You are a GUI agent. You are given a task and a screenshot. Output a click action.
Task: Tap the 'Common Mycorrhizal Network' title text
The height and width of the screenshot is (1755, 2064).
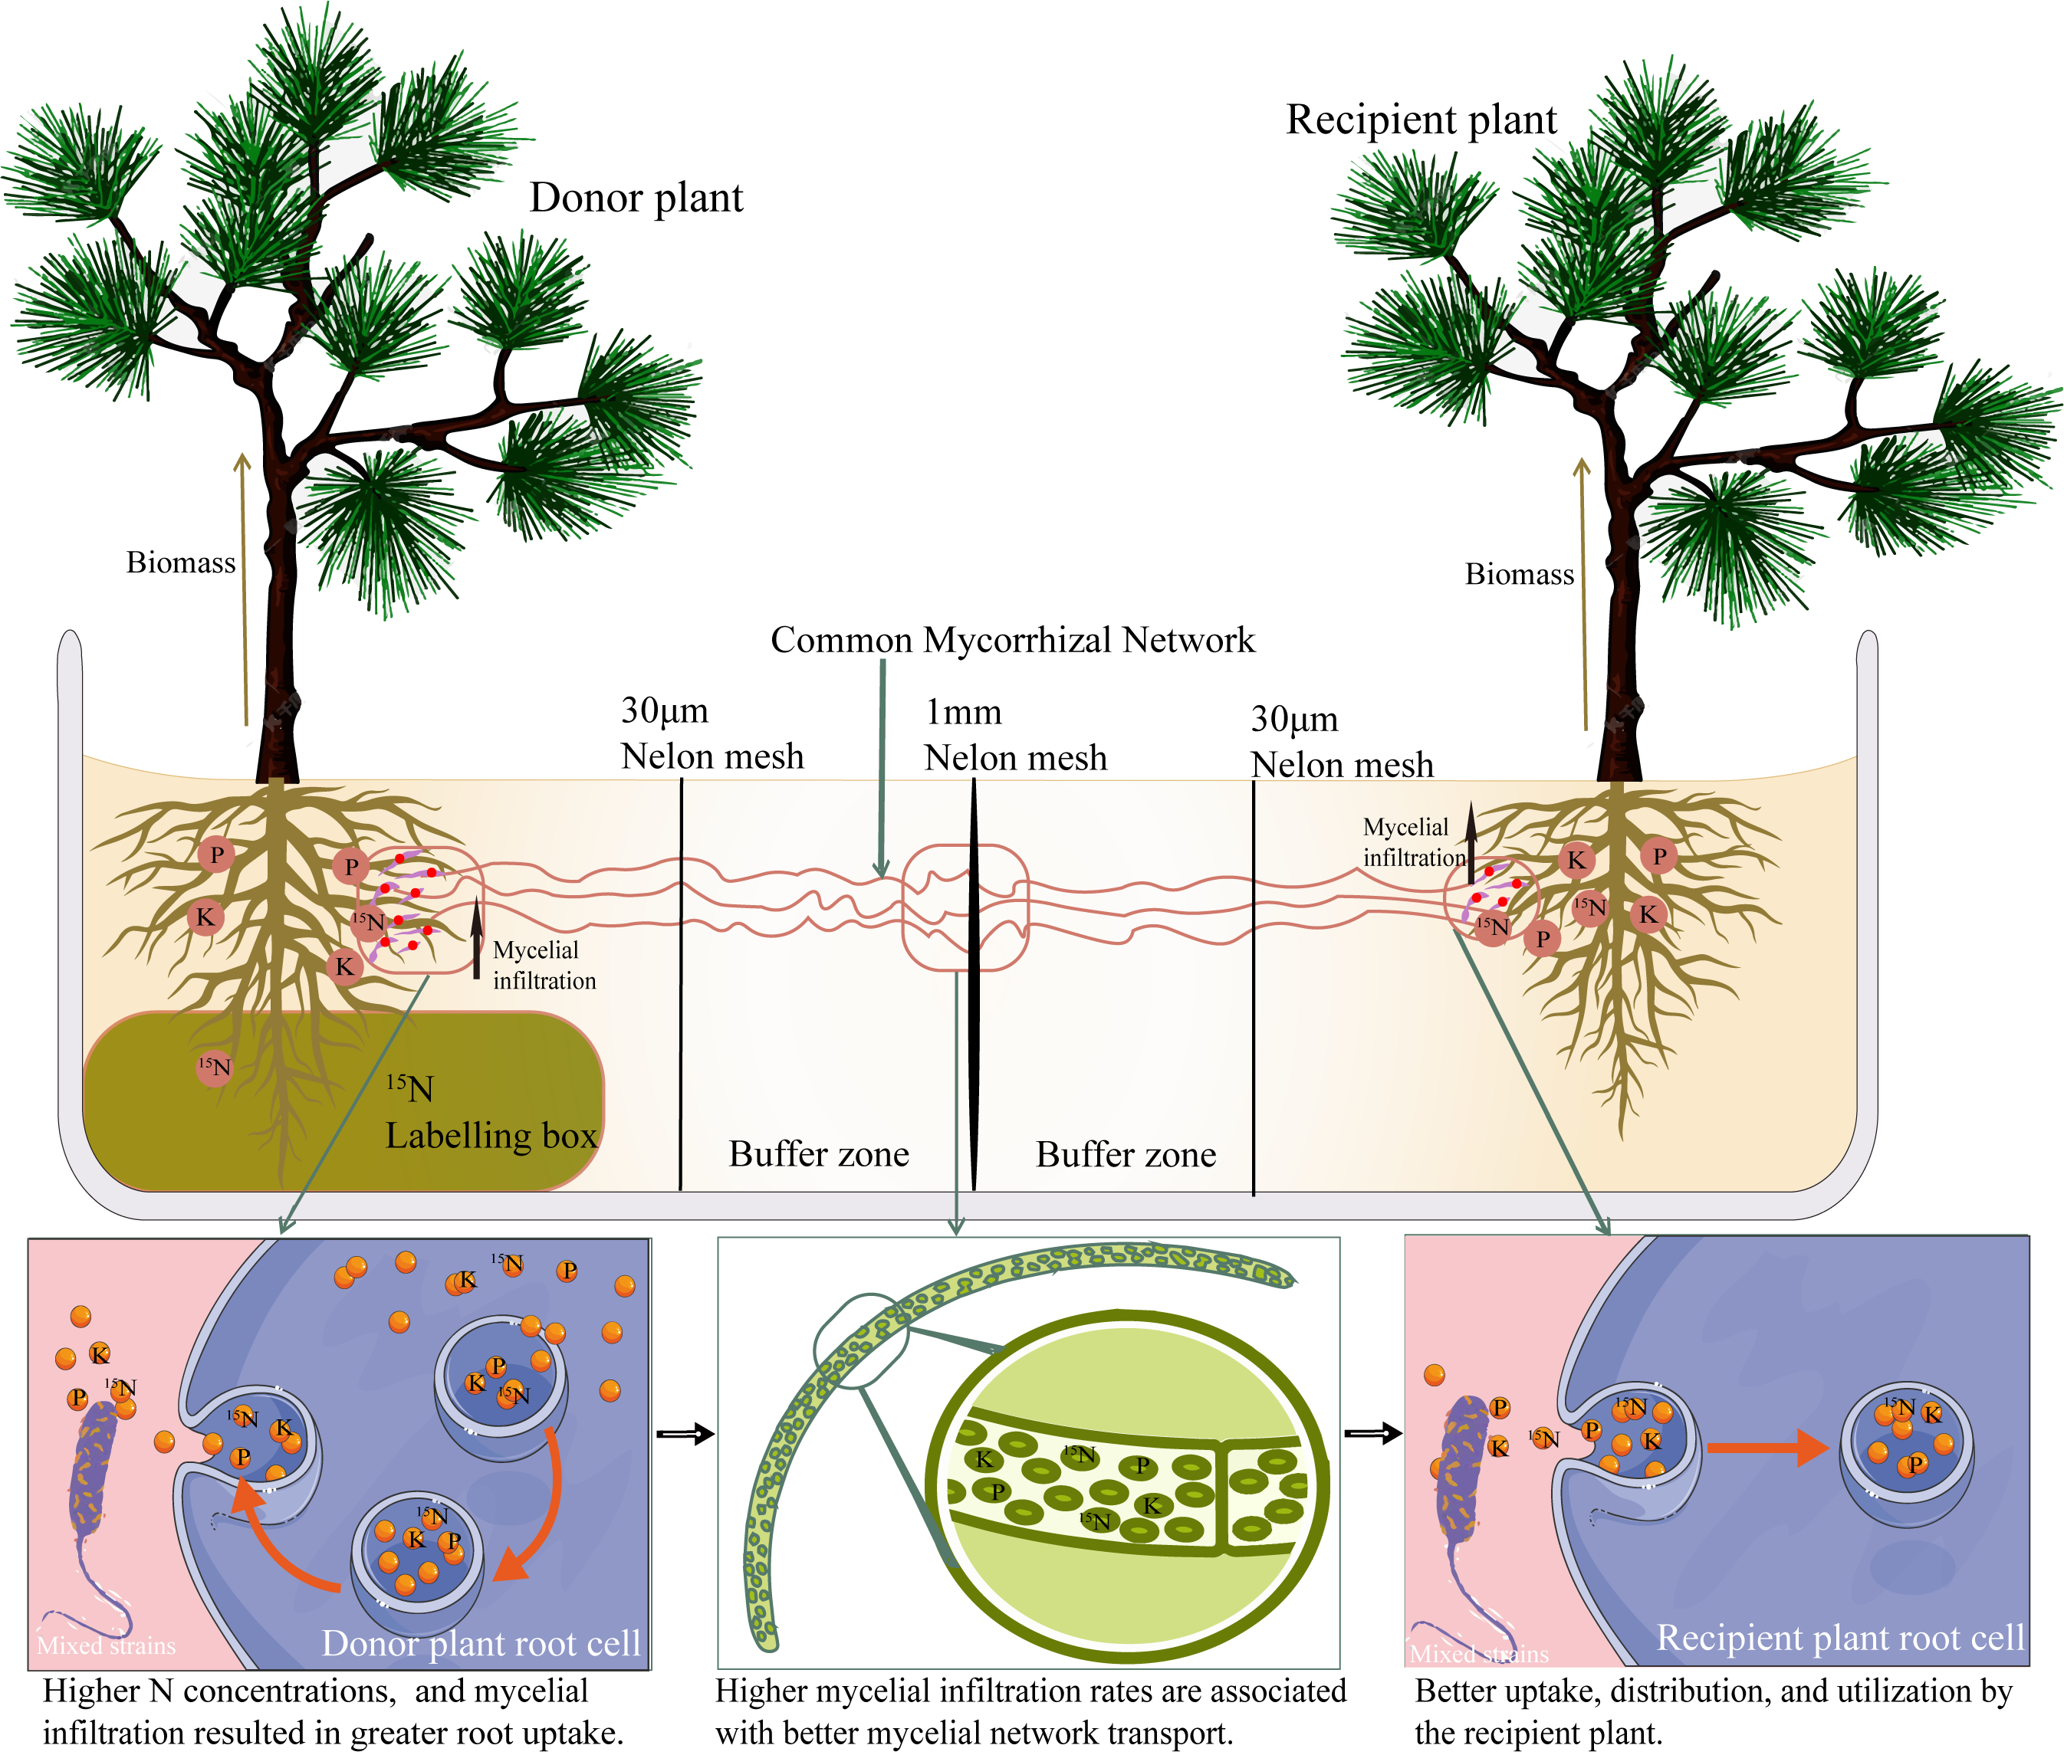tap(1012, 640)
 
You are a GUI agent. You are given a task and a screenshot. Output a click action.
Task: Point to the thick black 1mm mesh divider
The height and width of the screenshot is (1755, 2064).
tap(973, 985)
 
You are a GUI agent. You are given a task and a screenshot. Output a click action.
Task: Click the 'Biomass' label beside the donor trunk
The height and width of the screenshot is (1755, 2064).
tap(180, 563)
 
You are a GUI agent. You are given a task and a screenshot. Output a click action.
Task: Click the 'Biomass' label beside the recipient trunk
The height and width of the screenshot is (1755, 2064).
tap(1519, 575)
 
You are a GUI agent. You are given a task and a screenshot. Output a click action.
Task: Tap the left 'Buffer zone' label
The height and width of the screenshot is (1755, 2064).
tap(818, 1154)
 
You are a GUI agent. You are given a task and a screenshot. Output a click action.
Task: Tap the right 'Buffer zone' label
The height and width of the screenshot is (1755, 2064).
tap(1126, 1155)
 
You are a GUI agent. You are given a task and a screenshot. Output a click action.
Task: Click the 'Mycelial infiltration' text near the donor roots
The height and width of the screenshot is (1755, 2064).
tap(544, 965)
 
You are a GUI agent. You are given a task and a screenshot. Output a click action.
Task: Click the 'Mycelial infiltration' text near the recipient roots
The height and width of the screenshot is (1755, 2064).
tap(1413, 841)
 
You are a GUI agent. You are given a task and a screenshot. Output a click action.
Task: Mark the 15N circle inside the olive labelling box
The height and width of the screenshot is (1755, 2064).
tap(214, 1068)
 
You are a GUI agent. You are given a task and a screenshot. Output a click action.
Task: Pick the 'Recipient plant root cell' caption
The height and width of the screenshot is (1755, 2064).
tap(1839, 1637)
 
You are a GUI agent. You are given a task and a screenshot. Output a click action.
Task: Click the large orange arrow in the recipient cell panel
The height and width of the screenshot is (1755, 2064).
tap(1767, 1448)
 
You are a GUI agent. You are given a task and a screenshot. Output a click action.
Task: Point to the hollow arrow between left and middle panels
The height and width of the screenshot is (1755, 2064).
tap(685, 1434)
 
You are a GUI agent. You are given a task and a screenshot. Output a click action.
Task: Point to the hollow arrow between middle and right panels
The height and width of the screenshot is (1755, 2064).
tap(1372, 1434)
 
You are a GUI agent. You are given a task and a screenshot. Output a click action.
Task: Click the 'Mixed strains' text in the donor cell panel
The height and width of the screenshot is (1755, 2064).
tap(106, 1645)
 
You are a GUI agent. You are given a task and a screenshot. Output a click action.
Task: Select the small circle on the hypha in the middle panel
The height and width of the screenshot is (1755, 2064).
tap(861, 1340)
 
